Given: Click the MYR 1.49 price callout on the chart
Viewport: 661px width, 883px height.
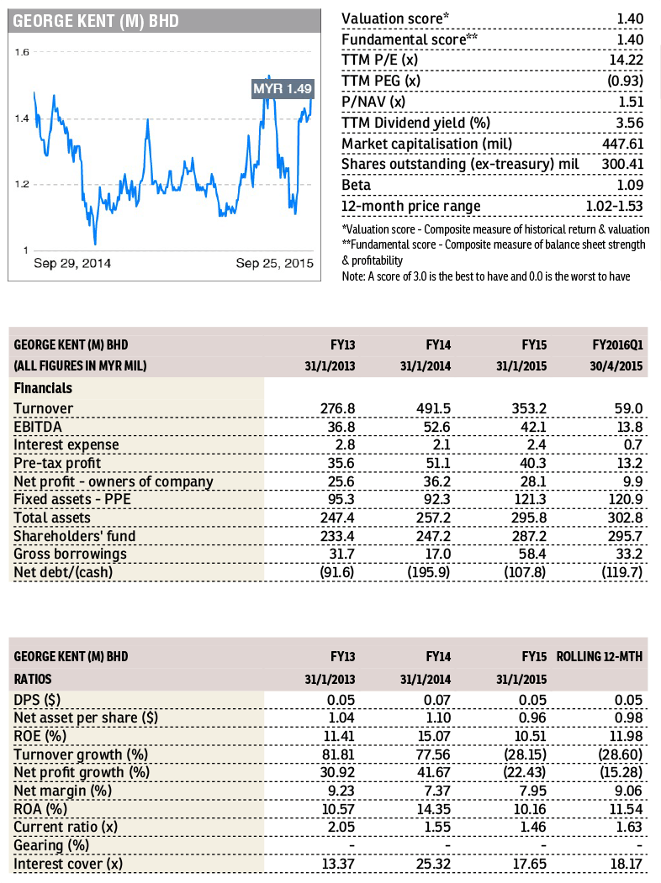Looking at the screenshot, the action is tap(283, 88).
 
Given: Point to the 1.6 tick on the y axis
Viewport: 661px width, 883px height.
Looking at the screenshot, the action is tap(22, 52).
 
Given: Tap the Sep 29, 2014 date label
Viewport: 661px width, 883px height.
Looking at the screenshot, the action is tap(72, 263).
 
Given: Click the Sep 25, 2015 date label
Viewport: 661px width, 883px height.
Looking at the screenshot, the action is tap(274, 263).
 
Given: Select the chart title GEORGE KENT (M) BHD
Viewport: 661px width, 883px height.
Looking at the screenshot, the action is tap(96, 21).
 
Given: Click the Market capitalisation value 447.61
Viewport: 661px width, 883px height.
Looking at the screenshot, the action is tap(622, 145).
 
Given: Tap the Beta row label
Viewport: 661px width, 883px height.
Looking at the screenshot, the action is tap(356, 186).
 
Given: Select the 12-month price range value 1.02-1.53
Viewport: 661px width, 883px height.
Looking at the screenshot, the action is tap(614, 206).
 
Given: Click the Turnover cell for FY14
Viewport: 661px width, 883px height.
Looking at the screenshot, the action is tap(433, 408).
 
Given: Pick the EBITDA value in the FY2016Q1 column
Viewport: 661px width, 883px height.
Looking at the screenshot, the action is tap(629, 427).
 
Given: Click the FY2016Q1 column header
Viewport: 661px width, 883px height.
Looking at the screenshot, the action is tap(617, 344).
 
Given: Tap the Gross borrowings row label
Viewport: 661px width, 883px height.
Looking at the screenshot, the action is tap(70, 555).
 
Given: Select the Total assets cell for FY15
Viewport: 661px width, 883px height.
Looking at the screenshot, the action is tap(529, 518).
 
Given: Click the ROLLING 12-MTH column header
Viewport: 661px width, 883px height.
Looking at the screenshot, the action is tap(600, 657).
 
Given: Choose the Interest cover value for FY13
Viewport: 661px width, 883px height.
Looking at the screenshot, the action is tap(338, 864).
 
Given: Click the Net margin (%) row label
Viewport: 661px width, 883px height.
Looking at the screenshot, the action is tap(62, 791).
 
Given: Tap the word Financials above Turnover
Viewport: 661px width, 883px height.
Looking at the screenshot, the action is tap(43, 388).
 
